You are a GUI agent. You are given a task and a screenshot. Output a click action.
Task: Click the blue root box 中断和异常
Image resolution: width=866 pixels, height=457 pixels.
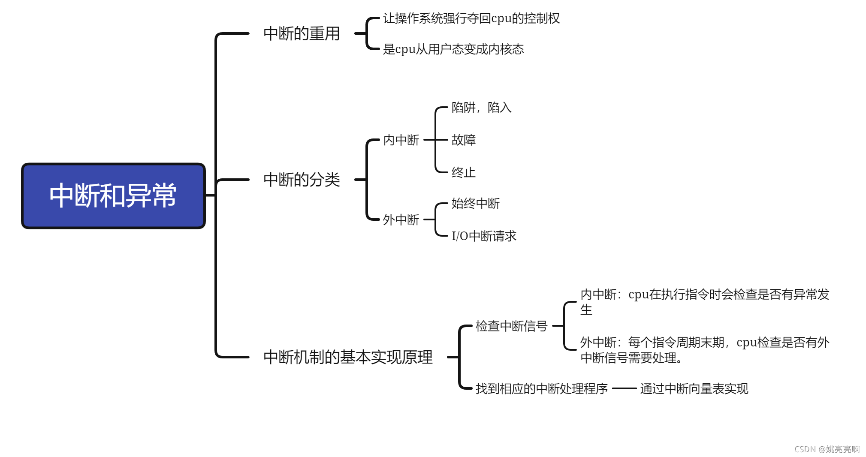[x=113, y=196]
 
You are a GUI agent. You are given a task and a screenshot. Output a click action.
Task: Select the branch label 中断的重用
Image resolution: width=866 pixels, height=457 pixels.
[x=302, y=33]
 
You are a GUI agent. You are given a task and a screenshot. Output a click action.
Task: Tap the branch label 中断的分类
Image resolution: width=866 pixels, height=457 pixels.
[x=302, y=180]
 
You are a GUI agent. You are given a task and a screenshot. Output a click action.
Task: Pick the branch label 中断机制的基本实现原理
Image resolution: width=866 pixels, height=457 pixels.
[x=348, y=357]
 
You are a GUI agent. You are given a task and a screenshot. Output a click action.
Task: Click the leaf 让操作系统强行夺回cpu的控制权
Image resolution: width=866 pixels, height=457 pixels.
[x=471, y=18]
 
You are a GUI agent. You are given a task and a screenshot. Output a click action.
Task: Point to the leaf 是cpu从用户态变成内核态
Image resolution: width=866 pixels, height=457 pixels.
[x=453, y=49]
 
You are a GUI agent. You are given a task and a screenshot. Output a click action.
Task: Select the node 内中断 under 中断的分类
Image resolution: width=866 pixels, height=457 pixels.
[x=401, y=140]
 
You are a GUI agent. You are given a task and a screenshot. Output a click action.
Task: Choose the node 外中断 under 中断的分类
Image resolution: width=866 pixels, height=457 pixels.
[x=401, y=220]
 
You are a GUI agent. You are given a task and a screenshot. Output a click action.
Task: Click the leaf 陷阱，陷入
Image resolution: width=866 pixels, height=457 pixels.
[x=481, y=108]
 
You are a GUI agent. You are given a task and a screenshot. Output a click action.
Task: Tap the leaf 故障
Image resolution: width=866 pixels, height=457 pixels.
[x=463, y=140]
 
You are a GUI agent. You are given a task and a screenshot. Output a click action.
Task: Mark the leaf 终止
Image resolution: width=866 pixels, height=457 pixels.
[x=463, y=173]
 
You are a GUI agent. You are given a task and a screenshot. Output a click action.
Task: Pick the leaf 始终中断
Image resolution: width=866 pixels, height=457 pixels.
[x=475, y=204]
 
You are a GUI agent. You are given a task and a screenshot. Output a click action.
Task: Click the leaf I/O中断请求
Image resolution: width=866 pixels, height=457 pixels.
[x=484, y=236]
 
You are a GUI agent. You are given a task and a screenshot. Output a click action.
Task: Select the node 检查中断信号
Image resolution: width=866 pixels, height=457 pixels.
[x=511, y=326]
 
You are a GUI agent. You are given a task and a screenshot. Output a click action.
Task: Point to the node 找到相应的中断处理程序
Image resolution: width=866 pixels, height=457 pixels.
[x=541, y=389]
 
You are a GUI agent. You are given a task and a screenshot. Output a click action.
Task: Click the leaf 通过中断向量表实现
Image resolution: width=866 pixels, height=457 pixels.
[x=694, y=389]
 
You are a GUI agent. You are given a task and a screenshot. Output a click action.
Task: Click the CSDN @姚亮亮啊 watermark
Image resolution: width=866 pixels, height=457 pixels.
[x=827, y=449]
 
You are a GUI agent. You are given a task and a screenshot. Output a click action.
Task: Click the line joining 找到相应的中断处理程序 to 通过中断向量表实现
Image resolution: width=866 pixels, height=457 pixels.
[x=624, y=389]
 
